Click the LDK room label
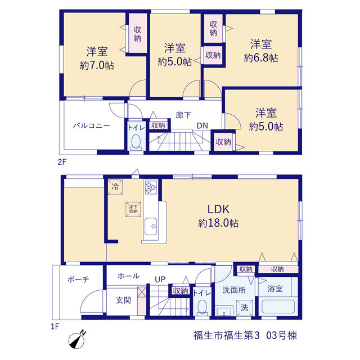(218, 209)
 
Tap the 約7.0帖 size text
(97, 66)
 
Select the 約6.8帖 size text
(261, 58)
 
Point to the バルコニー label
(91, 126)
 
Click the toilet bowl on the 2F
(136, 142)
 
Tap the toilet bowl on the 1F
(202, 307)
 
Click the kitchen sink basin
(151, 226)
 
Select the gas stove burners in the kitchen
(151, 186)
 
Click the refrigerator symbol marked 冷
(115, 187)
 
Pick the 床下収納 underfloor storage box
(133, 209)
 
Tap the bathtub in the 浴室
(278, 307)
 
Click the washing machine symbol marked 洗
(245, 308)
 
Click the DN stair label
(202, 125)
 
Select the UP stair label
(160, 280)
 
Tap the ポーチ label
(78, 280)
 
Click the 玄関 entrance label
(123, 300)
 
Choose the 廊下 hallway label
(183, 115)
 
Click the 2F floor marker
(62, 162)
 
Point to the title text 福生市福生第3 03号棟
(245, 335)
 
